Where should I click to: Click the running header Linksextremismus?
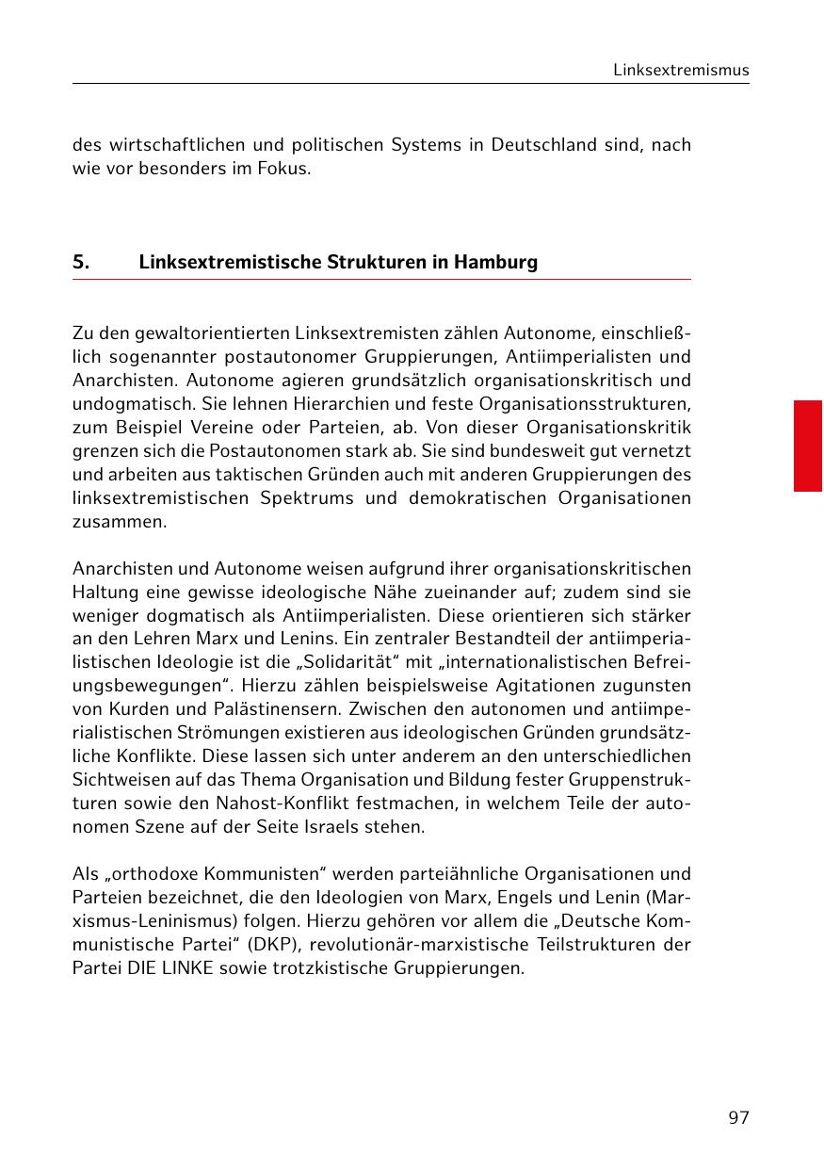point(681,71)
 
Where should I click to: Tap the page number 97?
point(738,1118)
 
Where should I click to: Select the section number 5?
point(81,262)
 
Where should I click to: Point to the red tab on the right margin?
point(807,446)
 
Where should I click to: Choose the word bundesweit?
point(528,451)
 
